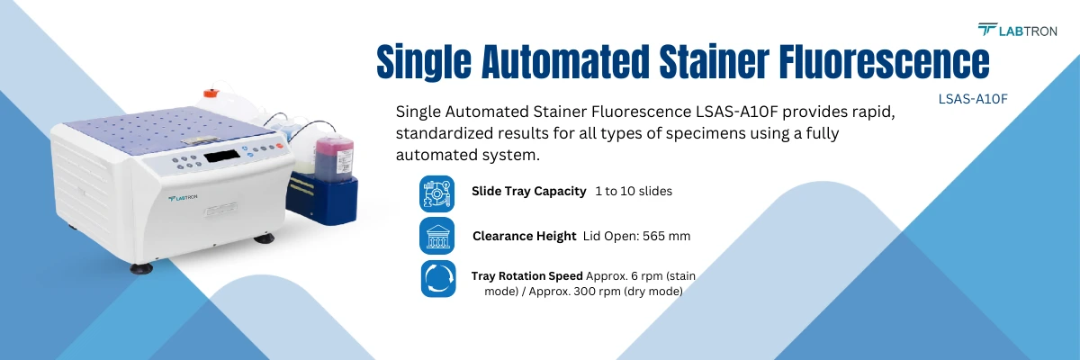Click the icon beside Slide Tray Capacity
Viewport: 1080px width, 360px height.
click(x=437, y=192)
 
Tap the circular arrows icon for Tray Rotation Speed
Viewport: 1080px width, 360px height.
click(x=437, y=278)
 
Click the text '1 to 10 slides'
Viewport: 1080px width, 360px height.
click(x=633, y=192)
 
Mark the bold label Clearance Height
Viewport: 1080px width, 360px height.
click(x=524, y=236)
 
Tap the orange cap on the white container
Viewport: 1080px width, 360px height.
click(x=211, y=92)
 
